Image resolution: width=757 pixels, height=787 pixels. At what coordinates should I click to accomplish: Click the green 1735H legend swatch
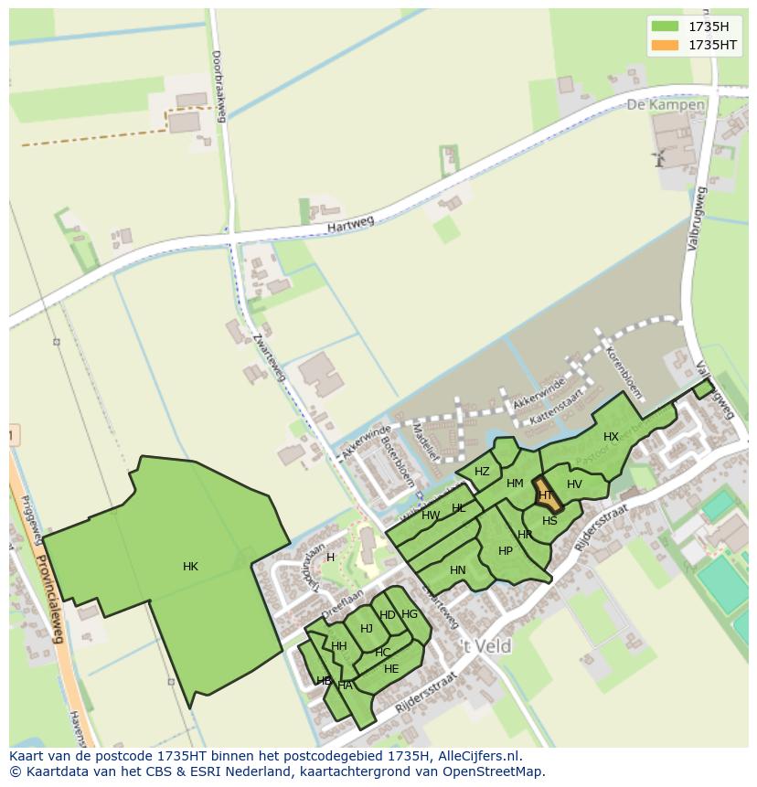tap(665, 27)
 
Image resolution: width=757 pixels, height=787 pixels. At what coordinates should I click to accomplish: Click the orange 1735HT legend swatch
tap(665, 45)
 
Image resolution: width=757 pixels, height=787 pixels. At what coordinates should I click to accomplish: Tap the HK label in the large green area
tap(190, 567)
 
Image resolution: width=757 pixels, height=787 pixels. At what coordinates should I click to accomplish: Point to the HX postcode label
tap(611, 437)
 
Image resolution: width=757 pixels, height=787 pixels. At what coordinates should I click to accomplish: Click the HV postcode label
tap(574, 484)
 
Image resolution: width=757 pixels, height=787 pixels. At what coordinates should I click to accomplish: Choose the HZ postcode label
tap(482, 472)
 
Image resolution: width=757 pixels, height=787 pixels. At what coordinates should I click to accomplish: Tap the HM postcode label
tap(515, 484)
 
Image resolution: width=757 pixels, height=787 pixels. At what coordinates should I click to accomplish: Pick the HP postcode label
tap(506, 551)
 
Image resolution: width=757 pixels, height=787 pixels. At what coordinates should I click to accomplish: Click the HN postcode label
tap(458, 570)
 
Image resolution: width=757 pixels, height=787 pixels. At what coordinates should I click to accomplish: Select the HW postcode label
tap(431, 516)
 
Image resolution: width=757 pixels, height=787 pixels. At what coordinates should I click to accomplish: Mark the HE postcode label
tap(391, 669)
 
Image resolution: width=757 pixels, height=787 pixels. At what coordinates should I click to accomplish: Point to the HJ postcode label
tap(367, 628)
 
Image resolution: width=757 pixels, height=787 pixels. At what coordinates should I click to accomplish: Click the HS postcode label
tap(549, 521)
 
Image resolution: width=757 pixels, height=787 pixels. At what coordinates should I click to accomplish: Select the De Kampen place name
tap(666, 105)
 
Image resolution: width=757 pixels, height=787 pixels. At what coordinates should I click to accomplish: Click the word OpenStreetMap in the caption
tap(492, 771)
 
